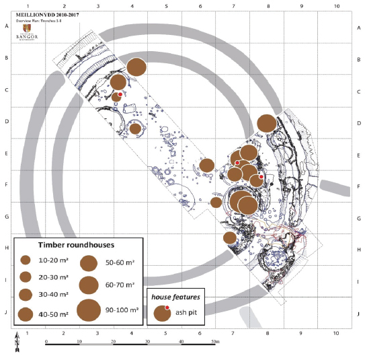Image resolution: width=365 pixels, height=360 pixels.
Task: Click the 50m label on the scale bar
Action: coord(214,343)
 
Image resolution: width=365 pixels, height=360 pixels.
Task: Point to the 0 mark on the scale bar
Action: coord(46,343)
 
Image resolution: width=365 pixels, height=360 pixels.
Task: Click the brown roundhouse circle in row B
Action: coord(136,67)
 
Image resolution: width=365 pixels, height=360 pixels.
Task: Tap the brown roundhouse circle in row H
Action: coord(230,238)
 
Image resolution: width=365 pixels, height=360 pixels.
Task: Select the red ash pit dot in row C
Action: coord(120,95)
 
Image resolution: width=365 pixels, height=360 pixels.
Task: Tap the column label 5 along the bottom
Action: coord(166,333)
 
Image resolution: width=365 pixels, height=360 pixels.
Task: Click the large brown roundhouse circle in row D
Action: coord(266,123)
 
